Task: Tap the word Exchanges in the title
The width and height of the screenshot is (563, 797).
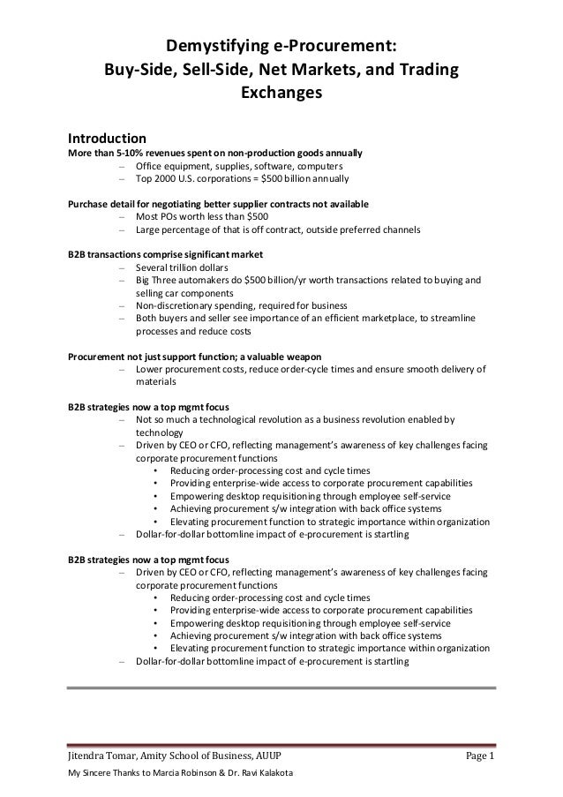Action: (281, 93)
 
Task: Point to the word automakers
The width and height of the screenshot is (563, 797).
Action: (208, 281)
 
